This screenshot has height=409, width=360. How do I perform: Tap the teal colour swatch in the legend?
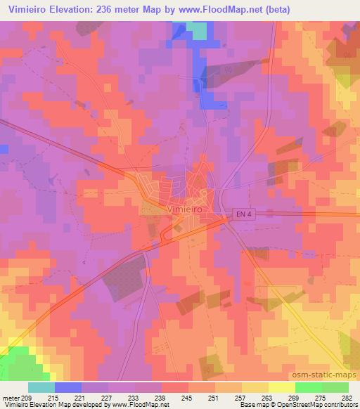coord(41,388)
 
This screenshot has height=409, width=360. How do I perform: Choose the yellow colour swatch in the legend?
coord(281,388)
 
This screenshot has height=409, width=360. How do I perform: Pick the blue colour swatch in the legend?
coord(67,388)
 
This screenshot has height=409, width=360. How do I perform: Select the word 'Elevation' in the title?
coord(76,8)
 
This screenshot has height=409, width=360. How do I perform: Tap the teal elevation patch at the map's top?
coord(198,30)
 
